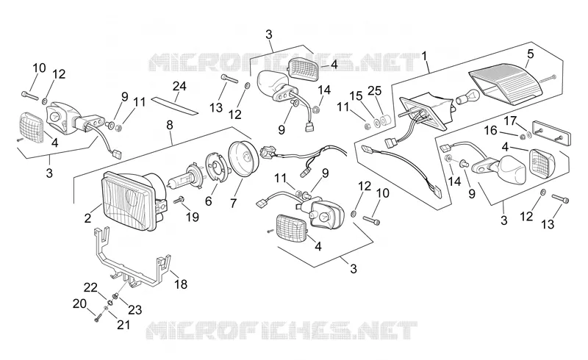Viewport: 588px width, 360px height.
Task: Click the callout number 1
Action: [x=424, y=57]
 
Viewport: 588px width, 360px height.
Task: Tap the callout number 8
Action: [x=170, y=125]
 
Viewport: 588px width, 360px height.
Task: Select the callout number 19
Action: [x=193, y=217]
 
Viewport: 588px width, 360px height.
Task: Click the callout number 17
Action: [x=510, y=121]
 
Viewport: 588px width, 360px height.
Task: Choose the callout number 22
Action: [x=90, y=287]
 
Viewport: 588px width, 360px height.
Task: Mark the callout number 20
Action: [x=79, y=303]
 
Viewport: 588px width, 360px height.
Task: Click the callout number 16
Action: [x=490, y=131]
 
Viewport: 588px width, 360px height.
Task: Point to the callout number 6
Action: [x=209, y=201]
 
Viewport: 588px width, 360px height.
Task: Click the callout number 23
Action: [x=135, y=310]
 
